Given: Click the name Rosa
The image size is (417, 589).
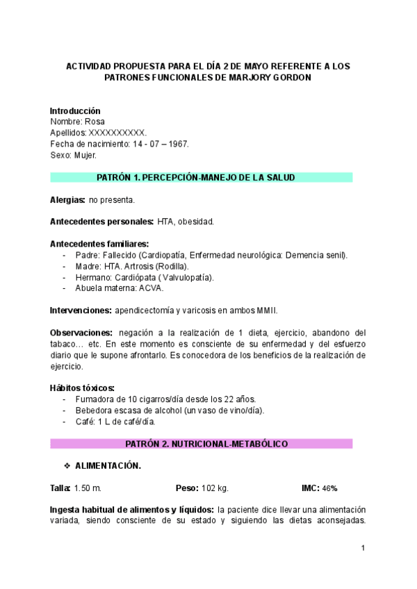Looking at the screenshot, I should [x=94, y=122].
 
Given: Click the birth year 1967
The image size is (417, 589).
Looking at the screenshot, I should [x=179, y=144].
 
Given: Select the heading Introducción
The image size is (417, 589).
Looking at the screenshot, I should [x=75, y=110].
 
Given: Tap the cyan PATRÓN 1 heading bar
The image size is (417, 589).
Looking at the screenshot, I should [x=201, y=178].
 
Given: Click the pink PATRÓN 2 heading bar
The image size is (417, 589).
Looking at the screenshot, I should [x=201, y=443].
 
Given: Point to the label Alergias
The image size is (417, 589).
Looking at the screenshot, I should [x=67, y=200].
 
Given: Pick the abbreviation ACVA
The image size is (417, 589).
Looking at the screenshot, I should [x=151, y=288].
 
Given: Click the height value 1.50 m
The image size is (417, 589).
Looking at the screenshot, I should [x=88, y=488].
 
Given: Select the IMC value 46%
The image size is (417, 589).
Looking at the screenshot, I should [x=329, y=488].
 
